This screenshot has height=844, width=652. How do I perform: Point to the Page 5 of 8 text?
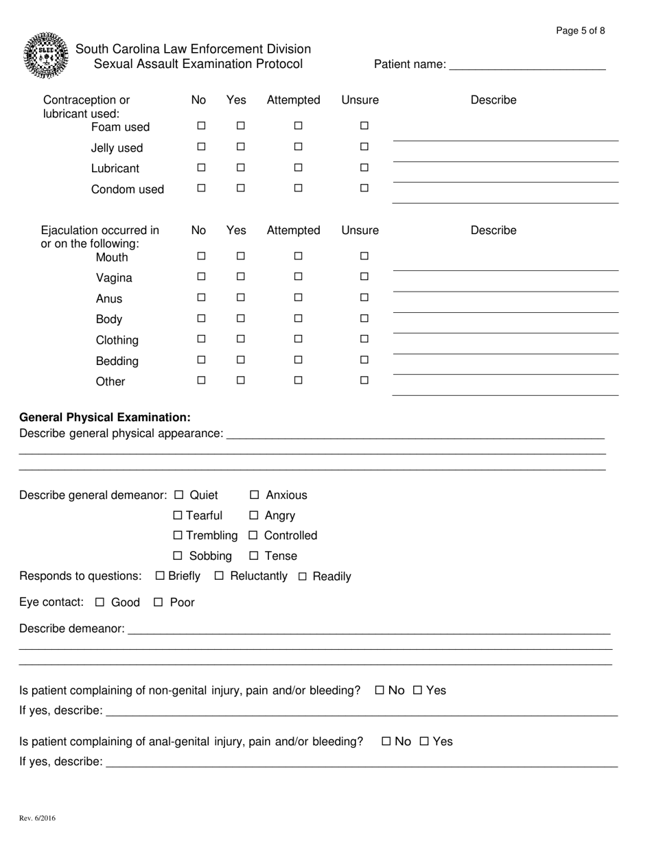[x=580, y=31]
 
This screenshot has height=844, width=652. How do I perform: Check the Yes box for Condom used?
[x=241, y=188]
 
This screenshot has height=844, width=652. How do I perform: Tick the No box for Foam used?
[x=202, y=126]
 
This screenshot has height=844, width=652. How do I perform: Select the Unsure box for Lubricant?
[x=364, y=167]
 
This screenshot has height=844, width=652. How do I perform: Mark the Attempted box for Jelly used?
[x=299, y=147]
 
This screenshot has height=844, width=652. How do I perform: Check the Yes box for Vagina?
[x=241, y=277]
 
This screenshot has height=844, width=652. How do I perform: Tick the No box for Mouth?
[x=202, y=257]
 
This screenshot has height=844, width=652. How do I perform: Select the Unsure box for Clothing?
[x=364, y=339]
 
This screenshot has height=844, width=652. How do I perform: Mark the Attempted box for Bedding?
[x=299, y=360]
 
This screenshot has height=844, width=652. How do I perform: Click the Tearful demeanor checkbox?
[x=178, y=515]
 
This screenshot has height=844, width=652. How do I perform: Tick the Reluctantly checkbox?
[x=220, y=576]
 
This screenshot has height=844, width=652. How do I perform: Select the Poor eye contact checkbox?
[x=159, y=602]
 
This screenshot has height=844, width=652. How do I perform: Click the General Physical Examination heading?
[x=105, y=417]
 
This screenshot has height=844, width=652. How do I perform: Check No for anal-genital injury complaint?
[x=386, y=741]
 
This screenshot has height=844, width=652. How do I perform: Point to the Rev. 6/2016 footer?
[x=38, y=818]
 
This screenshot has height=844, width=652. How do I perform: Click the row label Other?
[x=110, y=382]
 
